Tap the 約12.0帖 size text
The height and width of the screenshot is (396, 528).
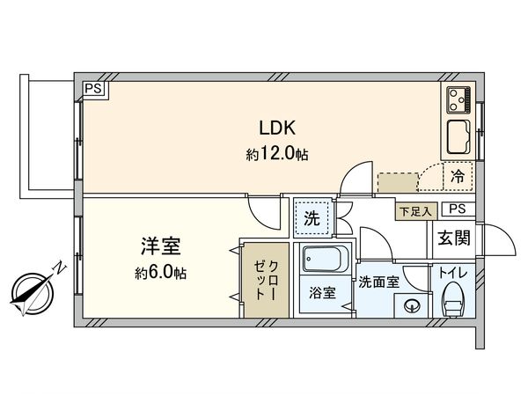277,154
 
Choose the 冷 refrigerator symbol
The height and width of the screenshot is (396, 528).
458,175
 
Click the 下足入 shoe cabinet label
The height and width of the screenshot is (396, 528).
413,210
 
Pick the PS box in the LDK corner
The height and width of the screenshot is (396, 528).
93,88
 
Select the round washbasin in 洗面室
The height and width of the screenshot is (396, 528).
410,307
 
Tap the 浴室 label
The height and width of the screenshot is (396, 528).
321,294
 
